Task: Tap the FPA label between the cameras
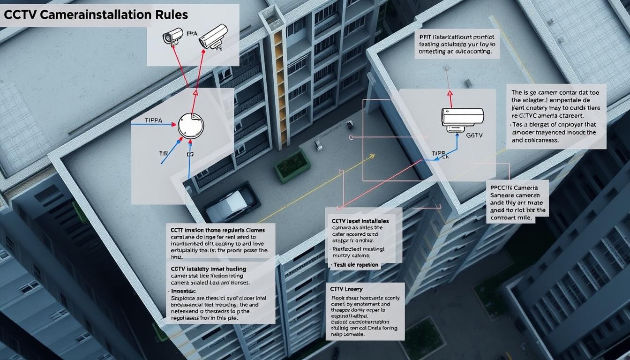pos(192,34)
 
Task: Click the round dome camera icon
pos(191,125)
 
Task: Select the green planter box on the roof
pos(292,165)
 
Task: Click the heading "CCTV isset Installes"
pos(360,221)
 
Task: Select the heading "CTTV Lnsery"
pos(347,289)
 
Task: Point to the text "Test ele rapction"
pos(356,265)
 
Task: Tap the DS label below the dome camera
pos(190,154)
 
